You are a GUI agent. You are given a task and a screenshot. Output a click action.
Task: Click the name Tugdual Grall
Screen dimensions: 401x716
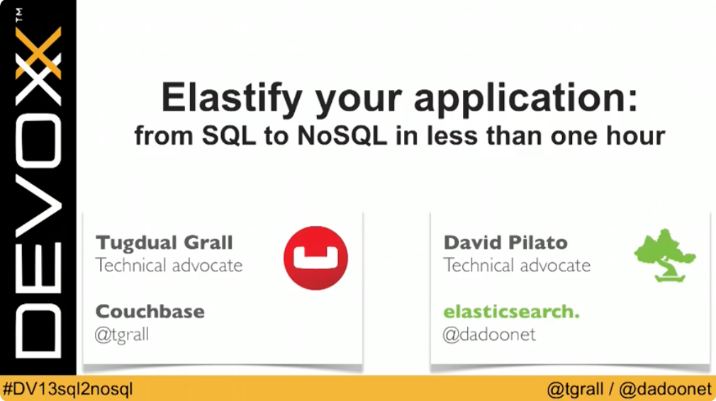click(164, 242)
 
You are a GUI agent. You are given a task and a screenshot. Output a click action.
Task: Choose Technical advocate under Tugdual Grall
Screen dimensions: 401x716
click(169, 266)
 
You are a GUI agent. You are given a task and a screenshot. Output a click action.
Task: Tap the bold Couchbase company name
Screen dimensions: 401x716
click(150, 311)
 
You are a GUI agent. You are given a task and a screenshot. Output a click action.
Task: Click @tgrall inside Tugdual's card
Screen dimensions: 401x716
click(122, 334)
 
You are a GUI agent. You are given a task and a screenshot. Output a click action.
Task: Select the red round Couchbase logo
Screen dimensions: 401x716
click(315, 258)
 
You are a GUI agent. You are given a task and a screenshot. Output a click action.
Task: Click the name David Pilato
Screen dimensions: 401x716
click(505, 242)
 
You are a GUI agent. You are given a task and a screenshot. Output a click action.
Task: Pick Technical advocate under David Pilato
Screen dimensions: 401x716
click(517, 266)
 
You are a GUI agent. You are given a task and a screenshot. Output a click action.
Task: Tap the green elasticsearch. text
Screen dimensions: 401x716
click(511, 311)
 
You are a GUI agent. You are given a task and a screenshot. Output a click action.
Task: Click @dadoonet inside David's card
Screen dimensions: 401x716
click(490, 334)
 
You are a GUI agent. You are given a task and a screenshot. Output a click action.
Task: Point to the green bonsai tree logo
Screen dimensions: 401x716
click(664, 256)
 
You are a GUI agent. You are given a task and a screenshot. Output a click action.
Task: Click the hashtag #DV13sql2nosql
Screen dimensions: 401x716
click(68, 389)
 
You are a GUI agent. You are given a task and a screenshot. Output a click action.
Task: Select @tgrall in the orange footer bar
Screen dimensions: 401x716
click(575, 389)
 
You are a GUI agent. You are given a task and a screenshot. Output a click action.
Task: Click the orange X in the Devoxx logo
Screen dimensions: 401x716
click(38, 53)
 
